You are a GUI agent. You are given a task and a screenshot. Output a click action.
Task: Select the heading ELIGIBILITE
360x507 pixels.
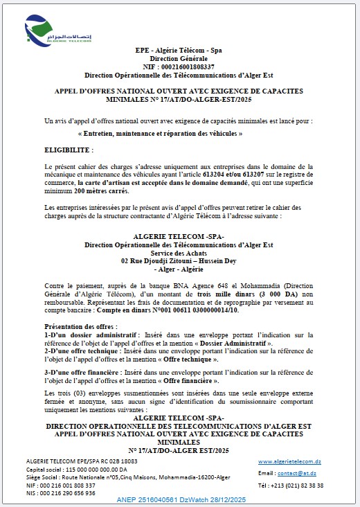pyautogui.click(x=67, y=149)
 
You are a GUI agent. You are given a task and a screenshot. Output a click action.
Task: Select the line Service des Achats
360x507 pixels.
pyautogui.click(x=179, y=252)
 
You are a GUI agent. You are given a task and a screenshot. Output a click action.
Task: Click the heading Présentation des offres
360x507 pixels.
pyautogui.click(x=78, y=326)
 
